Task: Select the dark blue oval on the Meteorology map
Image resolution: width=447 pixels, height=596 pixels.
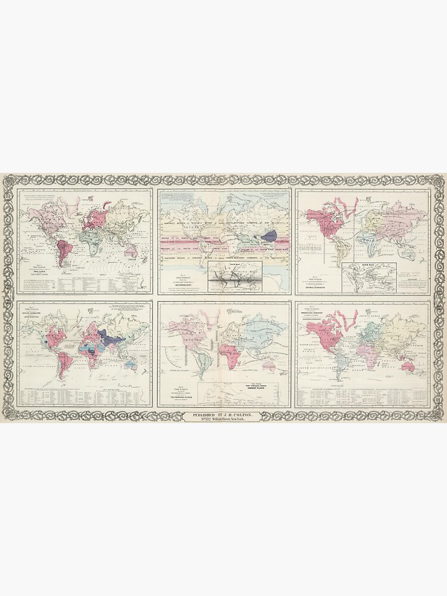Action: point(269,235)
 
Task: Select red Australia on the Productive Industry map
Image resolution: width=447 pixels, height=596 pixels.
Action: point(409,367)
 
